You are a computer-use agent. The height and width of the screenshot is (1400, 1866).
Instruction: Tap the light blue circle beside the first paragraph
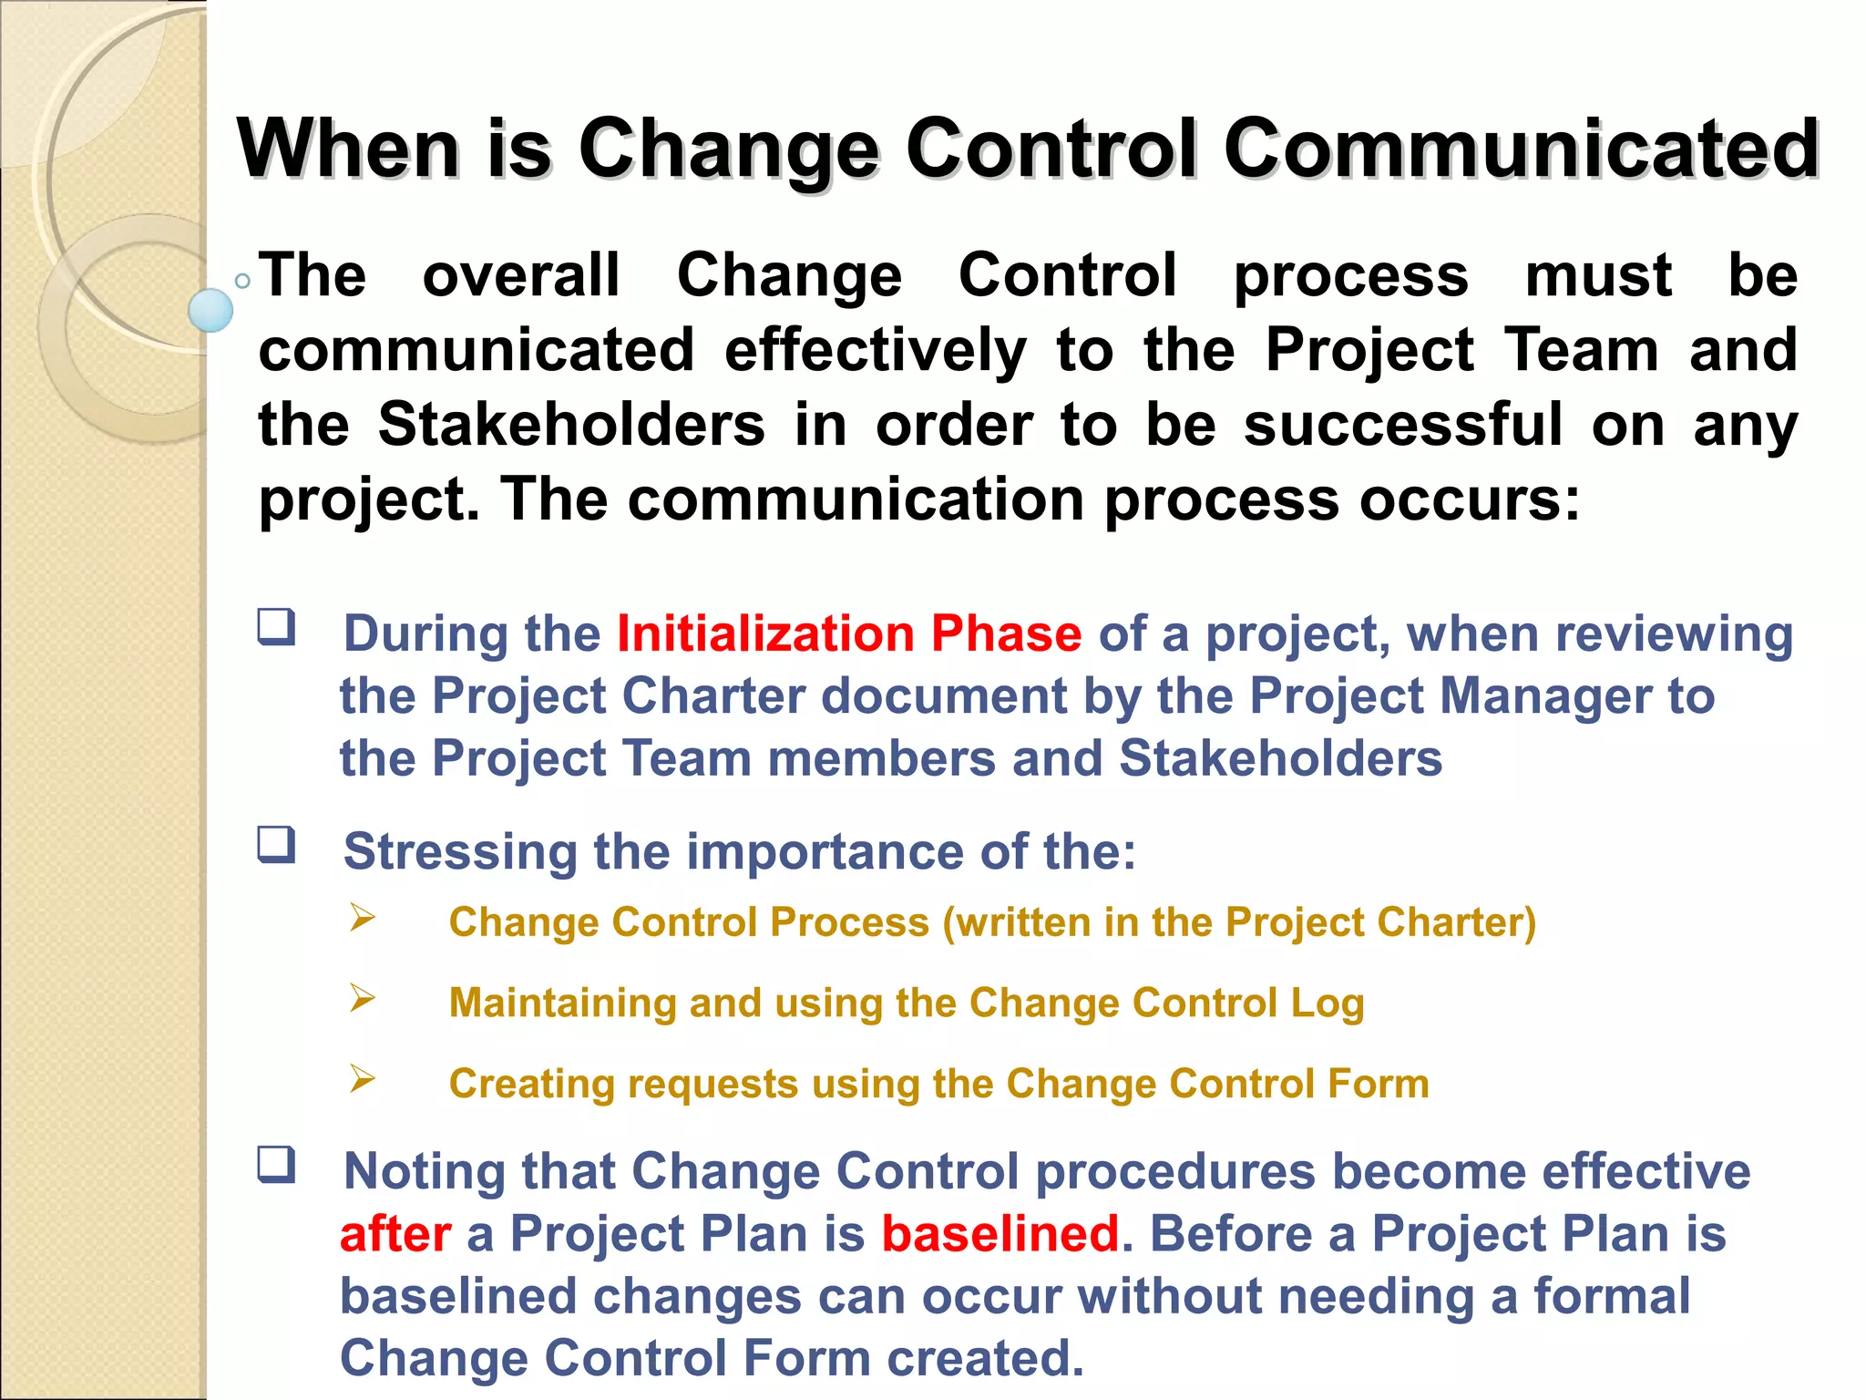click(210, 310)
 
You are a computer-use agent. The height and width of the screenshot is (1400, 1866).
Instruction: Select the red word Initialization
click(765, 633)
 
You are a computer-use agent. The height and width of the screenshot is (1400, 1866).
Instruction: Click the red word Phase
click(1006, 633)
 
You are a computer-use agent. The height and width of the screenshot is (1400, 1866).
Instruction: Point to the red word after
click(395, 1234)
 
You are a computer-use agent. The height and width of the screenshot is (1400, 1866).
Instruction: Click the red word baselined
click(1000, 1234)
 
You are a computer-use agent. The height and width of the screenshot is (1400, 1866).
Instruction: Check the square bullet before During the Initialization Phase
click(276, 627)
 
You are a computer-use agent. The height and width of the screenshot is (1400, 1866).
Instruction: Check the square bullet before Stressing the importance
click(276, 844)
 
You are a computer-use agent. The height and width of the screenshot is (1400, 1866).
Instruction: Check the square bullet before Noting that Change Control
click(276, 1164)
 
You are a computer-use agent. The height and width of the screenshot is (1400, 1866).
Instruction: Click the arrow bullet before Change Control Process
click(363, 917)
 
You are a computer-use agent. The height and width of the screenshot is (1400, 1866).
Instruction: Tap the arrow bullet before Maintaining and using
click(363, 998)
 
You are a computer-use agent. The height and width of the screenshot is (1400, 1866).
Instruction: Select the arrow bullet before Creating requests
click(363, 1079)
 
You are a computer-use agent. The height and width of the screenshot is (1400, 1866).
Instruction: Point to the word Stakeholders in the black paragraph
click(571, 425)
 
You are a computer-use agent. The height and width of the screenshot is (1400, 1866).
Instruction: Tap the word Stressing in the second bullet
click(460, 852)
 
